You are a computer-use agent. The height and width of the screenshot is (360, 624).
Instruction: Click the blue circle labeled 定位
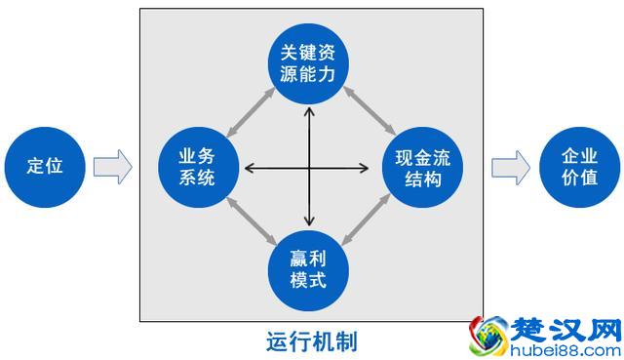[45, 165]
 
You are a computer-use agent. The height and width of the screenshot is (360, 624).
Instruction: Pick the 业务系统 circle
[198, 168]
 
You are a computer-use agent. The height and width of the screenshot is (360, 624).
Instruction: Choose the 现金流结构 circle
[422, 168]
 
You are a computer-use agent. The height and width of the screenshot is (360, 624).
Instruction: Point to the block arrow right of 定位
[112, 166]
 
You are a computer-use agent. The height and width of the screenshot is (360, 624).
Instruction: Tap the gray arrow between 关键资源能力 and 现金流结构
[369, 110]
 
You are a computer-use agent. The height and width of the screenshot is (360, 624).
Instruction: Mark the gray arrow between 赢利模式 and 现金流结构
[369, 222]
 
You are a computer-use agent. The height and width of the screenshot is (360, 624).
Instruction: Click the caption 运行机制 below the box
[311, 340]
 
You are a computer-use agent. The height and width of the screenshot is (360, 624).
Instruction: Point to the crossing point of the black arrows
[310, 168]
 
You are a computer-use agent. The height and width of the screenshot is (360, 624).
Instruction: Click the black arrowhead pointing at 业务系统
[249, 168]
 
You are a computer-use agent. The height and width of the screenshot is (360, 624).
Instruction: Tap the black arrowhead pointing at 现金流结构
[371, 168]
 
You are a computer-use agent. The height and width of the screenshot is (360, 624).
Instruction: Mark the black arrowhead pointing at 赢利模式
[310, 222]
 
